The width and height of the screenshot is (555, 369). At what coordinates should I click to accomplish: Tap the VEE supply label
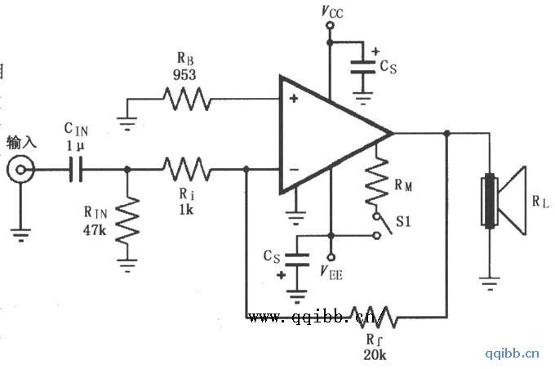(332, 273)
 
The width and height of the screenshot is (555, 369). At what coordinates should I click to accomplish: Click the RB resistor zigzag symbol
(186, 101)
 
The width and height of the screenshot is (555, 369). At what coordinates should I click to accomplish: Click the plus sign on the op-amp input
(291, 99)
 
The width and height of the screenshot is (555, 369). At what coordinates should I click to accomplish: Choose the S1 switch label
(402, 221)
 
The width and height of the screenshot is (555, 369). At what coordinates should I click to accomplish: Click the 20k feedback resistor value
(375, 354)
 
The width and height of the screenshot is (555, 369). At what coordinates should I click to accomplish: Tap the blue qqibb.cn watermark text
(512, 353)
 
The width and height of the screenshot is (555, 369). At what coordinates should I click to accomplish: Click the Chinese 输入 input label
(21, 142)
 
